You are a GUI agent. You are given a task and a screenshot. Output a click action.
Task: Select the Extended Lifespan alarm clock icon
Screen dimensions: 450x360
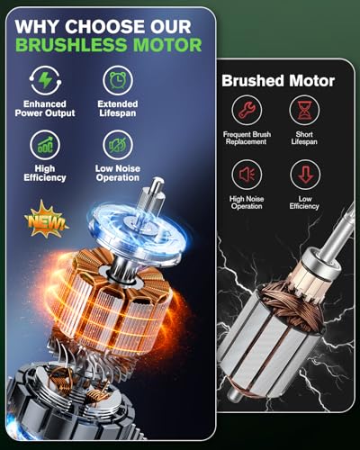click(x=117, y=79)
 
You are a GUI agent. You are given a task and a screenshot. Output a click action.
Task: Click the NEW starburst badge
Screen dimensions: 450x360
click(x=46, y=219)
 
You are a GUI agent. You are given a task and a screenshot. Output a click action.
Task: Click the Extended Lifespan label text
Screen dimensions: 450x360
click(x=117, y=110)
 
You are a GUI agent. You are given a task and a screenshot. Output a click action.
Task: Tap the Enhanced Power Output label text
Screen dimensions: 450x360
click(x=45, y=110)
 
